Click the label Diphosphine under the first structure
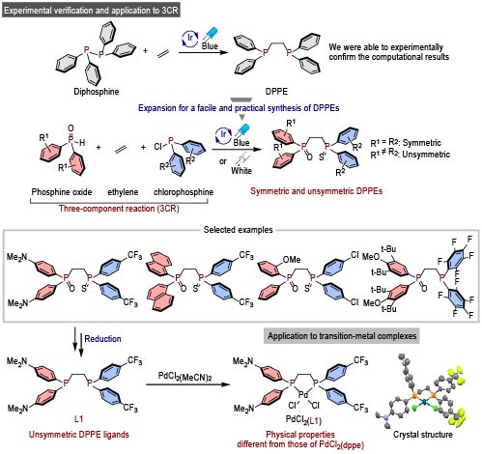coord(97,92)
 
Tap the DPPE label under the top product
coord(276,92)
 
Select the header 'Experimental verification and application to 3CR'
coord(91,11)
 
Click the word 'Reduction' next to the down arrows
coord(102,339)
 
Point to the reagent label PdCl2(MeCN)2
coord(184,376)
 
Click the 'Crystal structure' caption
coord(423,435)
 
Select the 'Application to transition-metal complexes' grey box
coord(342,336)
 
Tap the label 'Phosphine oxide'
coord(62,192)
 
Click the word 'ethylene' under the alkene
coord(123,192)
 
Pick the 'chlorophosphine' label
coord(184,192)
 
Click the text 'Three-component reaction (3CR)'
coord(119,209)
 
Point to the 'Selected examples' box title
coord(238,230)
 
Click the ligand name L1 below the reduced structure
coord(79,419)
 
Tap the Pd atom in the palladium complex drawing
coord(303,395)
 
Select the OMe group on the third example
coord(292,260)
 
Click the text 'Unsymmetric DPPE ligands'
coord(79,435)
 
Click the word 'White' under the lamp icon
coord(241,171)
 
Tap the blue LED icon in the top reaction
coord(211,34)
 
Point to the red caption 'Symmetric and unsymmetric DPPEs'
coord(317,191)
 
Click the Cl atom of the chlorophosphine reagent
coord(157,147)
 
